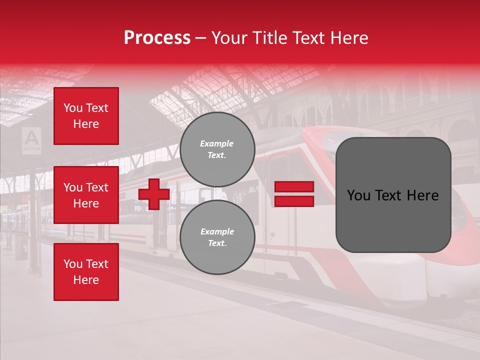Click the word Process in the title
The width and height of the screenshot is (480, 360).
(x=157, y=38)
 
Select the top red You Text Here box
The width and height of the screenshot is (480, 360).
(x=86, y=116)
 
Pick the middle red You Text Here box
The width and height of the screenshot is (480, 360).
(x=86, y=195)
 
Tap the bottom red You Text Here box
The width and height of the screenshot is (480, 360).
(x=86, y=272)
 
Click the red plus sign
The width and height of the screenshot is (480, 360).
(x=154, y=194)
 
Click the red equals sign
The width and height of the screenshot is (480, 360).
(x=294, y=194)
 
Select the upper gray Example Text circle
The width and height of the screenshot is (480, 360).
(x=217, y=149)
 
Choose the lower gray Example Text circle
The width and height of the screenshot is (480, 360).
(x=217, y=237)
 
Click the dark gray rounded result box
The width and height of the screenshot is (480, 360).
(x=393, y=195)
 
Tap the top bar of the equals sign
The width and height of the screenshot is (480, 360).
(x=294, y=187)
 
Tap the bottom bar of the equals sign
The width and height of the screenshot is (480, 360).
(x=294, y=201)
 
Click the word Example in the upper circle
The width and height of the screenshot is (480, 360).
(x=217, y=143)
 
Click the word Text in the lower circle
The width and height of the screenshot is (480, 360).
(x=217, y=243)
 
